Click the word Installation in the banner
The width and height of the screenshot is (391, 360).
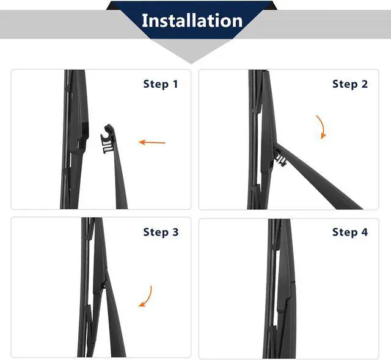[x=192, y=20]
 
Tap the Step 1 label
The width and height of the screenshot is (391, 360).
[x=161, y=84]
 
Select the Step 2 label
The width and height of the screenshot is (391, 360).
[x=350, y=84]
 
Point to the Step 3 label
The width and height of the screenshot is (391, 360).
[x=161, y=232]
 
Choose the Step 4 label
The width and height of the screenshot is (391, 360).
[x=350, y=232]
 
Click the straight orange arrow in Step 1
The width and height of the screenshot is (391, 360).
[x=152, y=142]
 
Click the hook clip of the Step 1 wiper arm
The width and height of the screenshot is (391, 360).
[x=108, y=138]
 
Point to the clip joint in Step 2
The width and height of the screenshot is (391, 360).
[x=280, y=157]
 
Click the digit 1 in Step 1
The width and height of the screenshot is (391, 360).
[x=175, y=84]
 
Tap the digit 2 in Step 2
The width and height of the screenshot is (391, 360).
[x=365, y=84]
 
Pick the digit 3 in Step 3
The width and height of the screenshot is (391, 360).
[x=175, y=232]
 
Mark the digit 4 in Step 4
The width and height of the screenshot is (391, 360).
[x=364, y=232]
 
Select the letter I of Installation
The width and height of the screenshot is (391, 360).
[x=144, y=20]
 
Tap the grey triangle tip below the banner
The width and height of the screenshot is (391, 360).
[x=191, y=63]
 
